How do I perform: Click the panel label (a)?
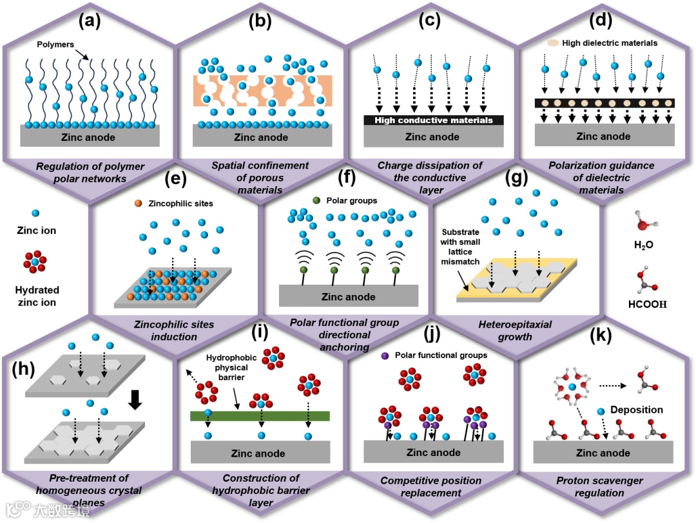pyautogui.click(x=89, y=21)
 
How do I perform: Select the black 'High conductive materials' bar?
pyautogui.click(x=433, y=120)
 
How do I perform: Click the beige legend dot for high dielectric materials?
pyautogui.click(x=553, y=44)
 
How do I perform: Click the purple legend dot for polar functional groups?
pyautogui.click(x=385, y=355)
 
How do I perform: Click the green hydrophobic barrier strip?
pyautogui.click(x=260, y=416)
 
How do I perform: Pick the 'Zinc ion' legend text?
pyautogui.click(x=36, y=230)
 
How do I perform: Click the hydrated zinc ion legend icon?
pyautogui.click(x=35, y=263)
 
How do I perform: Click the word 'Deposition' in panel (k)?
pyautogui.click(x=637, y=410)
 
